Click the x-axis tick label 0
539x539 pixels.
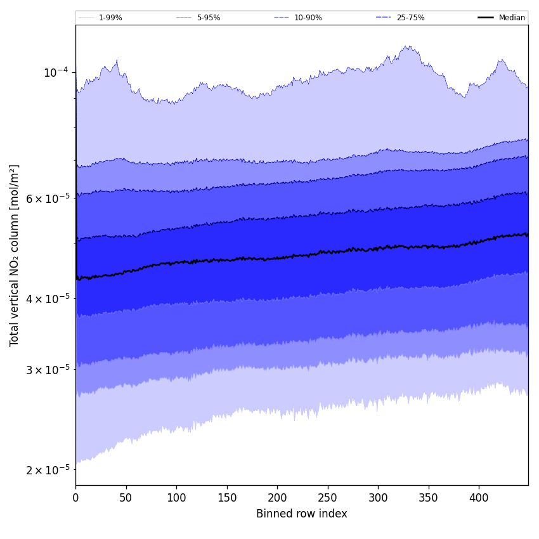(x=75, y=498)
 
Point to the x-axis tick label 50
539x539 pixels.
(x=126, y=498)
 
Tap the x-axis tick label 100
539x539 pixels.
(x=176, y=498)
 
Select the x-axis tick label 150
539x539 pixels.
(x=227, y=498)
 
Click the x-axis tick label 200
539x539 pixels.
(x=277, y=498)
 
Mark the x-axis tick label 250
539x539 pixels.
(x=328, y=498)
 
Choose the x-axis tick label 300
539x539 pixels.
(x=378, y=498)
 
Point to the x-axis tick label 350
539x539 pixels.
(x=429, y=498)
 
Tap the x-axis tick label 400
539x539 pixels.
(x=479, y=498)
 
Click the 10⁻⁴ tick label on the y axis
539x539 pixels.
(x=56, y=72)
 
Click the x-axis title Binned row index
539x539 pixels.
(x=302, y=514)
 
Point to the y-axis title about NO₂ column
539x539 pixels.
(x=15, y=255)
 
